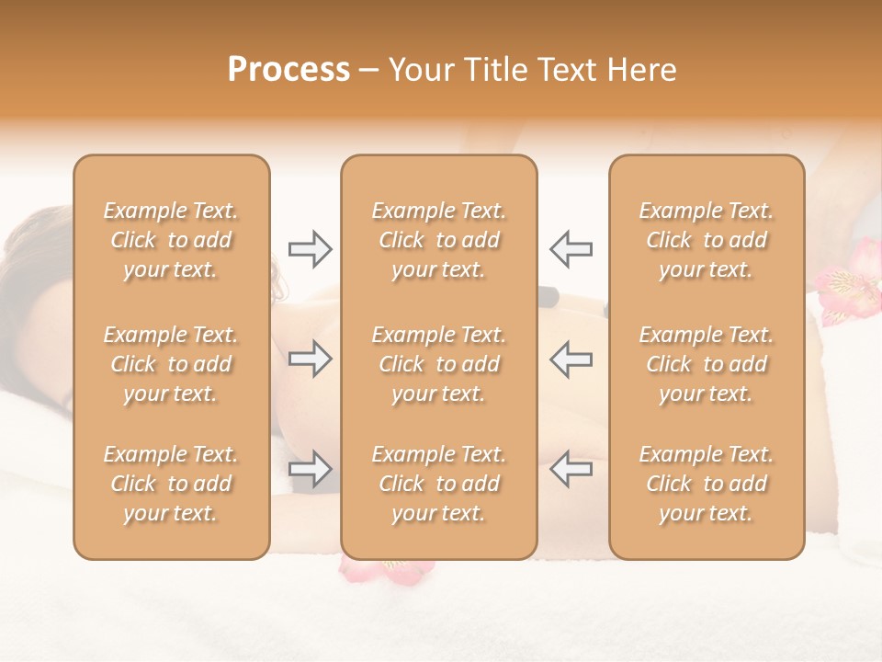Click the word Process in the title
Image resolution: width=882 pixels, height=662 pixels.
[288, 70]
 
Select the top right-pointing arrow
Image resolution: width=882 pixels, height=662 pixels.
[310, 248]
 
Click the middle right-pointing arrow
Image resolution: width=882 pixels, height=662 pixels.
[310, 359]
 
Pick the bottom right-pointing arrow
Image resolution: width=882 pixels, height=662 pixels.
[310, 469]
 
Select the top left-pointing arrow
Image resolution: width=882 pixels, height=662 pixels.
[571, 248]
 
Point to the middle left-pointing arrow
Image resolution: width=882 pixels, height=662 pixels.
[571, 359]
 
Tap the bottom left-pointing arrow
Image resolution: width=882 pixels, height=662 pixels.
[571, 469]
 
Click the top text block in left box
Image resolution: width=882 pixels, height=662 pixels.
[171, 240]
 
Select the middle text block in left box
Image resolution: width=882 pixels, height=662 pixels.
[171, 364]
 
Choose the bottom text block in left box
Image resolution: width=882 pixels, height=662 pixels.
[171, 484]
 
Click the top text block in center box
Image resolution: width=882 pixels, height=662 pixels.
[439, 240]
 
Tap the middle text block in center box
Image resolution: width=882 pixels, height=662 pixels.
[439, 364]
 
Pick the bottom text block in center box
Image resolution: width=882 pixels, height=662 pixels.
[439, 484]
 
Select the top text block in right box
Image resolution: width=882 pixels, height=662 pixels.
[707, 240]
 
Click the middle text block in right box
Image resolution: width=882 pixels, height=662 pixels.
[707, 364]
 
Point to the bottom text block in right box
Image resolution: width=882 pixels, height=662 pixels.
[707, 484]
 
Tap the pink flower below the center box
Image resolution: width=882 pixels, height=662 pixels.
[386, 569]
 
